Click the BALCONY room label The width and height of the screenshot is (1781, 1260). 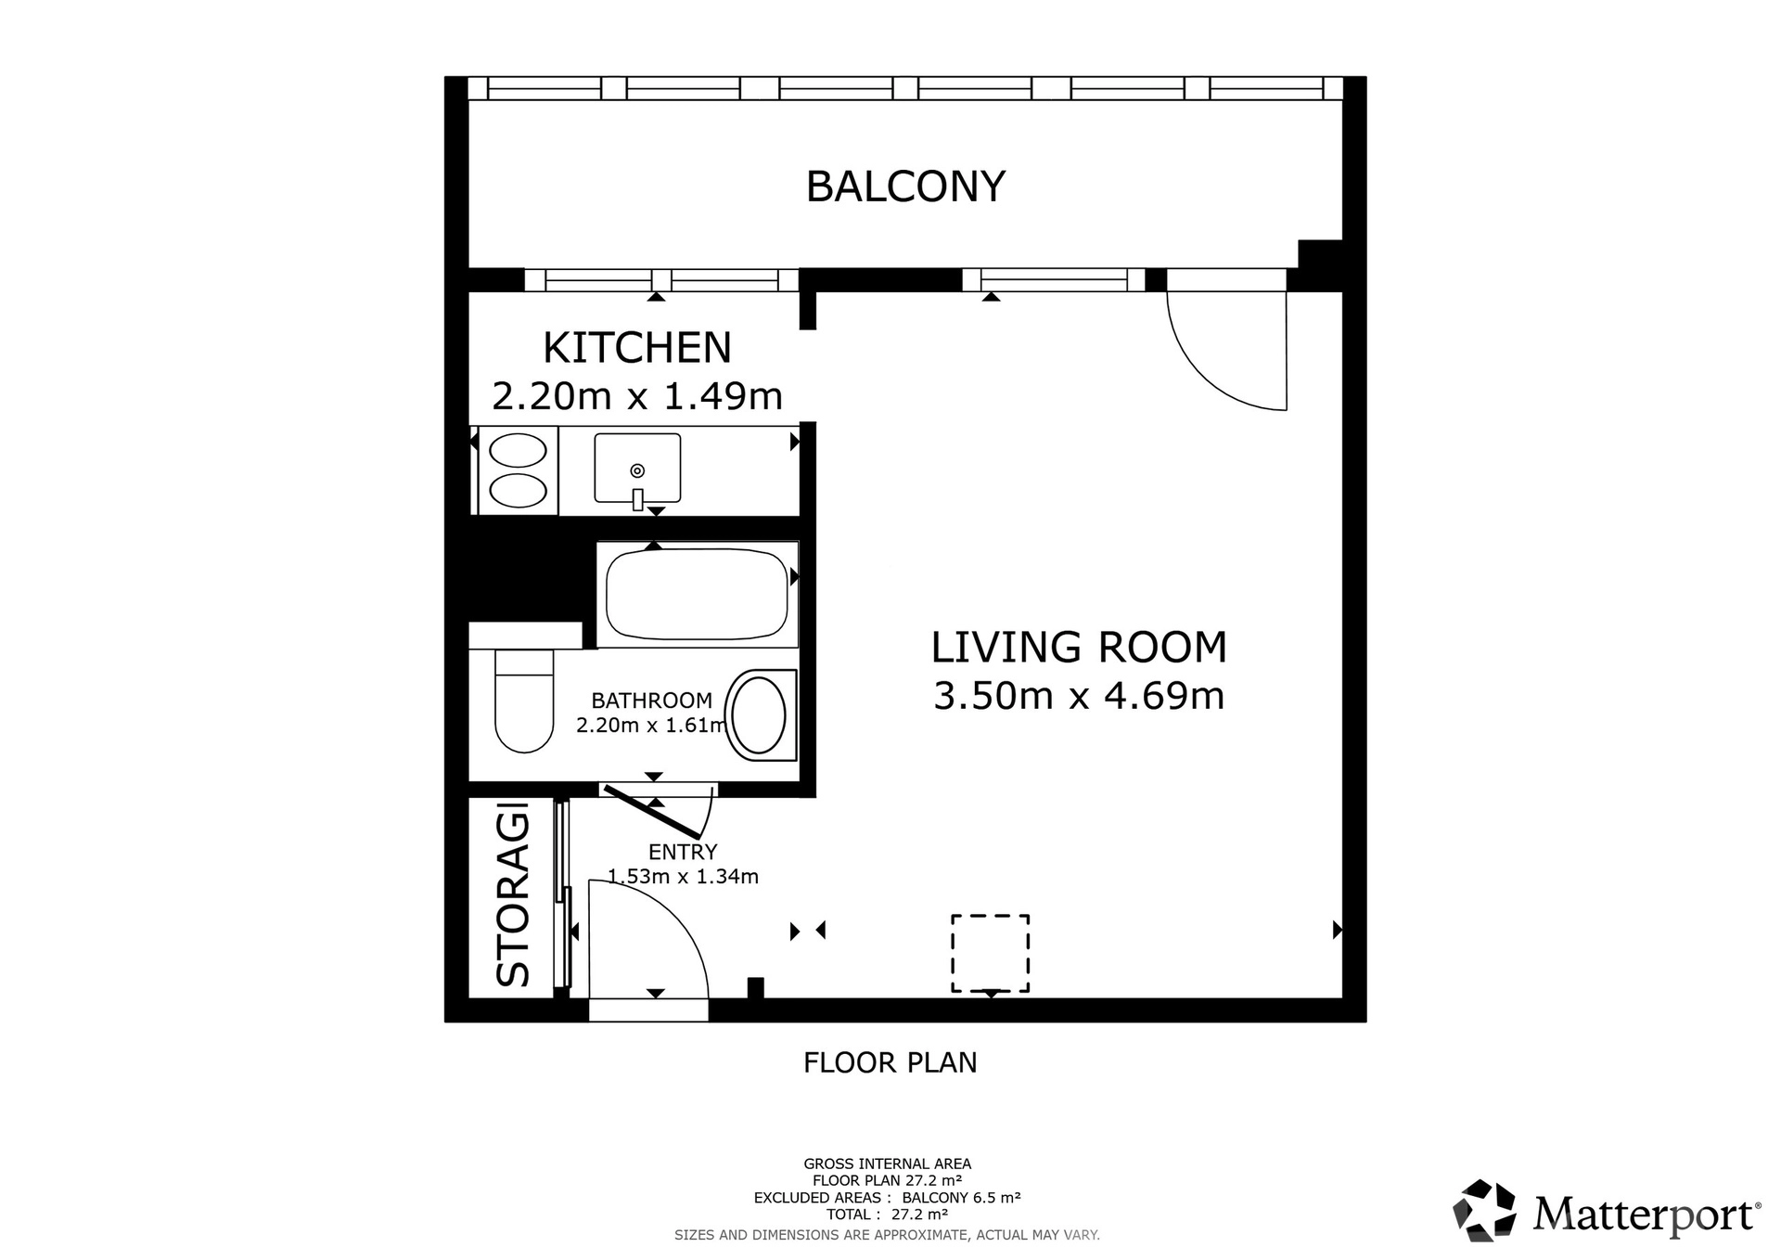pos(905,186)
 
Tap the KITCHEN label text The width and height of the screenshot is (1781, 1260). pos(637,348)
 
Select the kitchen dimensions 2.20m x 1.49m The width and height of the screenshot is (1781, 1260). pos(637,396)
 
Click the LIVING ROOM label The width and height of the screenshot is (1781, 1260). pos(1079,648)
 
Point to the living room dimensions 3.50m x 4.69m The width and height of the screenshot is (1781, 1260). pos(1079,696)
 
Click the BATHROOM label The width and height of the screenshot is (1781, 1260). pos(652,701)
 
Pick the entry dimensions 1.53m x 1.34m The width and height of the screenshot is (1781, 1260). pos(683,876)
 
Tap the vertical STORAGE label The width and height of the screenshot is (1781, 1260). pos(513,899)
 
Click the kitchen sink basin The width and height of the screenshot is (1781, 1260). pos(637,469)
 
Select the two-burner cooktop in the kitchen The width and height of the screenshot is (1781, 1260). pos(518,470)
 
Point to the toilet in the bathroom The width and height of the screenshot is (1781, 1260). pos(524,701)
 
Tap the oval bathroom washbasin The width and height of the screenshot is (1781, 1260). pos(759,714)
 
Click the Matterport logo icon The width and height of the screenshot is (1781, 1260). pos(1484,1210)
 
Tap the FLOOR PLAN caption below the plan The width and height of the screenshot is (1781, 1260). pos(890,1062)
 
